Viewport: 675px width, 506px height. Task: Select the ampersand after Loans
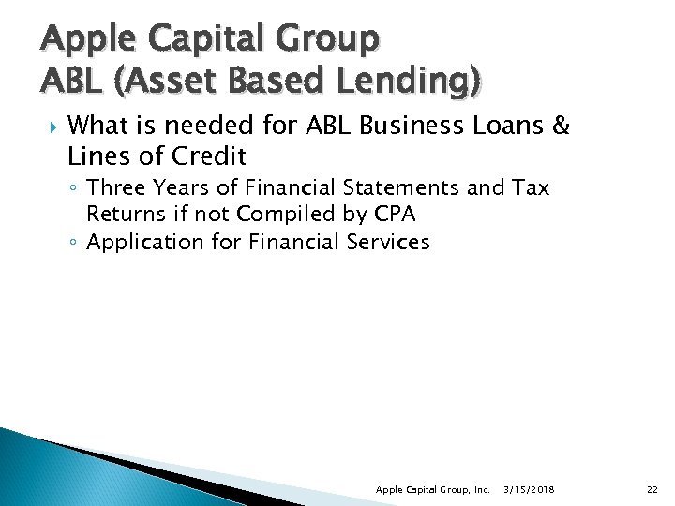[x=562, y=126]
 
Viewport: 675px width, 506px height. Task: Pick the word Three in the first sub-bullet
[x=117, y=188]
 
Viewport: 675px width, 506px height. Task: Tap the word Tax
[x=531, y=188]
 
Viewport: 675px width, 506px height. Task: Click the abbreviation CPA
[x=395, y=215]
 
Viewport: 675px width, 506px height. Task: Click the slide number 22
[x=652, y=489]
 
